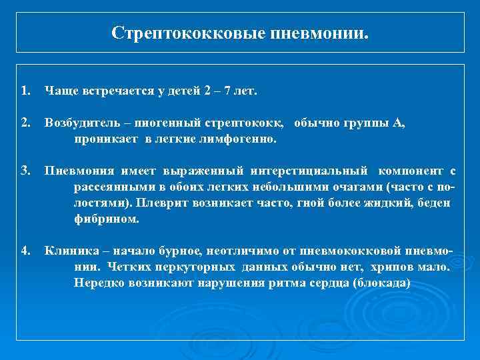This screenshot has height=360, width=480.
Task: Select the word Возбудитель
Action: tap(83, 123)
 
